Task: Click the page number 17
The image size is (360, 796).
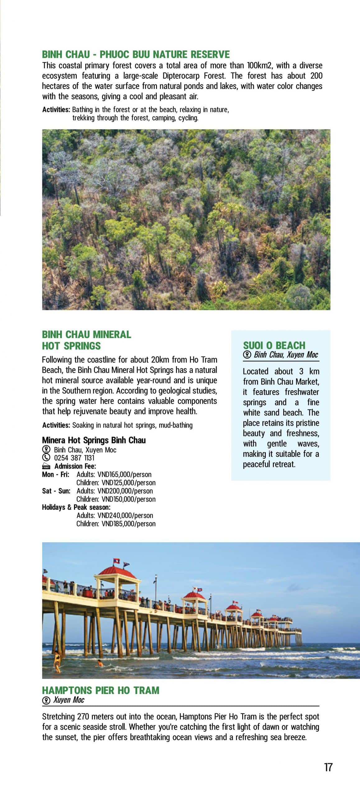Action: (x=328, y=767)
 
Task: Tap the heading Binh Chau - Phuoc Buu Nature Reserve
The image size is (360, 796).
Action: (x=136, y=54)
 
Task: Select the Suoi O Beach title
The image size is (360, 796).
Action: (x=274, y=345)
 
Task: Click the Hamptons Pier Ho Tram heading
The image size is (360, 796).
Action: (x=100, y=690)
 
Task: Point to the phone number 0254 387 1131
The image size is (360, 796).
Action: (x=74, y=458)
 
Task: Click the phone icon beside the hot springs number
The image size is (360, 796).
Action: (x=46, y=457)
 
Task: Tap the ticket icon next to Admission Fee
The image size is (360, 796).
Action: (x=46, y=466)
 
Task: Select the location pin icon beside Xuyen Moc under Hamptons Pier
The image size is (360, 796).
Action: (x=46, y=700)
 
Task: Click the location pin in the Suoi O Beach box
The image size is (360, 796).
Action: (x=247, y=355)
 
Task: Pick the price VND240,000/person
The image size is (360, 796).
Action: (x=125, y=515)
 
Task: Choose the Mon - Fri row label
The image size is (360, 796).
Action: (x=56, y=474)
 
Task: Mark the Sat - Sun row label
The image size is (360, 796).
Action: (x=56, y=491)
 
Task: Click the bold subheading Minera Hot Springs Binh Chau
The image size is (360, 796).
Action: (x=94, y=440)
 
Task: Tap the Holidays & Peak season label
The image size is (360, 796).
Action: (x=76, y=507)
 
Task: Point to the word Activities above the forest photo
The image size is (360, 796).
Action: (x=56, y=109)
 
